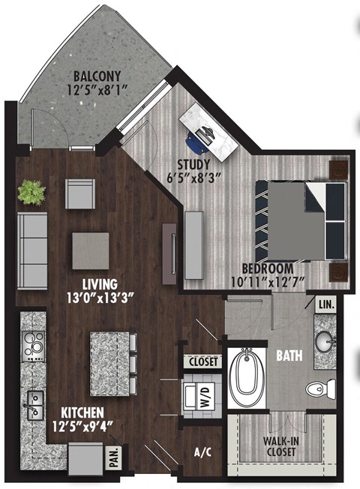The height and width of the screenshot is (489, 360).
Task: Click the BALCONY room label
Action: click(97, 76)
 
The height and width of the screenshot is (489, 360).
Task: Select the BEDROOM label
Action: click(267, 268)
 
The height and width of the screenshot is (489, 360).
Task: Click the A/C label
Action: click(201, 452)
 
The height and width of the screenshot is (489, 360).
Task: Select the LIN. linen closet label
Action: click(326, 305)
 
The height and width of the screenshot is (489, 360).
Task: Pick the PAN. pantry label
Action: click(115, 457)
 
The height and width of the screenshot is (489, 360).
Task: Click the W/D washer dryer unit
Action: click(199, 394)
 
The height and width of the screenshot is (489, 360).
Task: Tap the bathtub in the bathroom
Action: click(245, 379)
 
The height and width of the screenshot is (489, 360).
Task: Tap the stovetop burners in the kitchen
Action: click(33, 347)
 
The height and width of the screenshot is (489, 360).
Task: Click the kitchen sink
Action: click(33, 403)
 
